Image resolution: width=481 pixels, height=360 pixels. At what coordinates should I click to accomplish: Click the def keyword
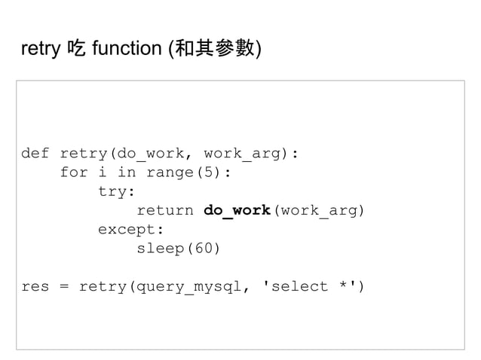(35, 154)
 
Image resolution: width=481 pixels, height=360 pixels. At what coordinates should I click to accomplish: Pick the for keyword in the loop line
(74, 172)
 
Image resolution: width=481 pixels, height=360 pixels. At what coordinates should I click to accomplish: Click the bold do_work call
(237, 210)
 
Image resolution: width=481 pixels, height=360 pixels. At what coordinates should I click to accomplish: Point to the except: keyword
(130, 229)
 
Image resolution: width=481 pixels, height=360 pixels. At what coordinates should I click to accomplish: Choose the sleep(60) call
(179, 248)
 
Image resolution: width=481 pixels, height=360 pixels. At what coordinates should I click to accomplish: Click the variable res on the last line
(35, 286)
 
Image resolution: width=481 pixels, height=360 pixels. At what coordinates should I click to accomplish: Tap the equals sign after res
(64, 286)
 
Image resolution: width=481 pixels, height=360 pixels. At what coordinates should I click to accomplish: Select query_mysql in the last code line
(188, 286)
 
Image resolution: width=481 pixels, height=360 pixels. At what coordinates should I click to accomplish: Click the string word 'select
(290, 286)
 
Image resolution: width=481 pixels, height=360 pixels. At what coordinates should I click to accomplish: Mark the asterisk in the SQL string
(342, 286)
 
